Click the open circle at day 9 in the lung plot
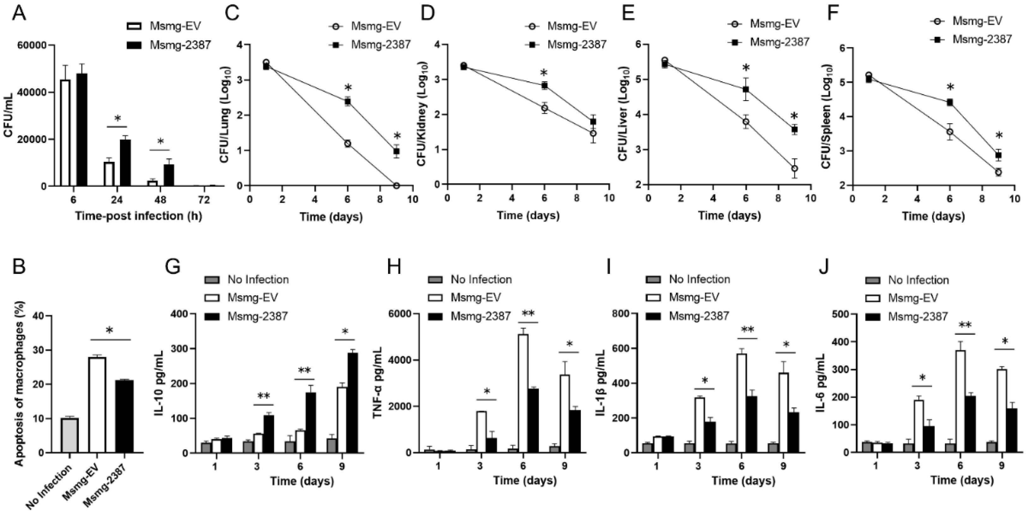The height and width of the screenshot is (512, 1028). [396, 186]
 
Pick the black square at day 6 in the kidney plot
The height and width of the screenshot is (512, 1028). [544, 85]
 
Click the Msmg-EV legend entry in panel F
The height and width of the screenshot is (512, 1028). [970, 21]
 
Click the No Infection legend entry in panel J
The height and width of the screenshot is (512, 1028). [918, 280]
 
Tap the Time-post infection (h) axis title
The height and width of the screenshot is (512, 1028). [138, 216]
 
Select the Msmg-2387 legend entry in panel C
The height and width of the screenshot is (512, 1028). [380, 44]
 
